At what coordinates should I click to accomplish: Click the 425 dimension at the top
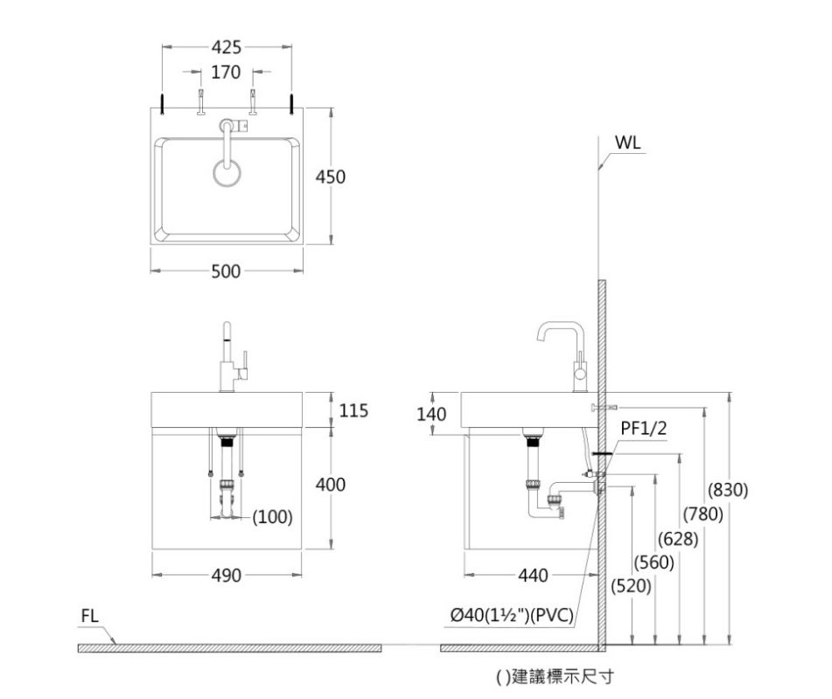tap(225, 47)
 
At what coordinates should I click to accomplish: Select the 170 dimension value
tap(226, 72)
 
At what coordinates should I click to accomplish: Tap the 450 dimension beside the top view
tap(331, 177)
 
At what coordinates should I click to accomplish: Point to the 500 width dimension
tap(226, 271)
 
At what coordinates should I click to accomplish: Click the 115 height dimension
tap(353, 410)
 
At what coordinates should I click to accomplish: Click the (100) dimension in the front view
tap(271, 517)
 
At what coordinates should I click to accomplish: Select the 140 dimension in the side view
tap(431, 413)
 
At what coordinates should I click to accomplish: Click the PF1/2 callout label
tap(643, 428)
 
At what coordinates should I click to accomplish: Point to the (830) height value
tap(728, 491)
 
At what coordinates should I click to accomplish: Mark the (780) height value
tap(703, 515)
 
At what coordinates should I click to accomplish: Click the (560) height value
tap(653, 563)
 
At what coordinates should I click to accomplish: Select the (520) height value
tap(630, 585)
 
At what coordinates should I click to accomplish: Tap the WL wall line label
tap(626, 143)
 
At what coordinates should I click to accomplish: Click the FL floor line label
tap(90, 616)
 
